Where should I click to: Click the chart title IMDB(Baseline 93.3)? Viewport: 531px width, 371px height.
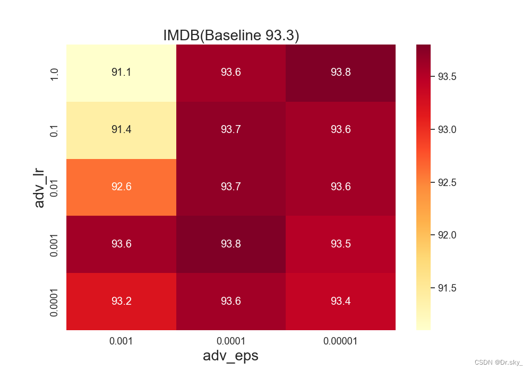click(231, 35)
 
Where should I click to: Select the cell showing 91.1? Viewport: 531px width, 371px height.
click(121, 73)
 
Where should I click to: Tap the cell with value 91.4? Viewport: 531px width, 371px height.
click(121, 130)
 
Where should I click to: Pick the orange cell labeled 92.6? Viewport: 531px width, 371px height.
click(121, 187)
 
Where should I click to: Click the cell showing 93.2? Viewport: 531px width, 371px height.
click(121, 302)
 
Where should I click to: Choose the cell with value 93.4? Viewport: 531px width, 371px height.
click(341, 302)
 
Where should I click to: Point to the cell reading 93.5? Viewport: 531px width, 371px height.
click(341, 244)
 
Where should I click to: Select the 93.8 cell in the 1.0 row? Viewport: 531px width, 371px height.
click(341, 73)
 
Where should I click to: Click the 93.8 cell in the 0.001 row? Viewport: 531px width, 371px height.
click(231, 244)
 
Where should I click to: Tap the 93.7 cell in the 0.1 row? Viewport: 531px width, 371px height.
click(231, 130)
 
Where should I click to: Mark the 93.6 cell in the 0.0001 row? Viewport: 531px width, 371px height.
click(231, 302)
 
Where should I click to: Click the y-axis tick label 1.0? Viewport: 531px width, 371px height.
click(54, 74)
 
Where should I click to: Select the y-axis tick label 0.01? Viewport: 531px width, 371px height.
click(54, 188)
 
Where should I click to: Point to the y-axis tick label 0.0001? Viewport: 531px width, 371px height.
click(54, 303)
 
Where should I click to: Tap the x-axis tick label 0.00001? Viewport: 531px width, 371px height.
click(340, 341)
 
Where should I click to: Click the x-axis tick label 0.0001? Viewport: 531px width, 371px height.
click(230, 341)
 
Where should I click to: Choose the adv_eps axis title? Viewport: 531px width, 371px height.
click(230, 356)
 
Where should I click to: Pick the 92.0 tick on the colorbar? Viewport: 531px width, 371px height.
click(447, 235)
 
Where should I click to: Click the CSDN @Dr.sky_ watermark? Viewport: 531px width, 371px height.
click(498, 362)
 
